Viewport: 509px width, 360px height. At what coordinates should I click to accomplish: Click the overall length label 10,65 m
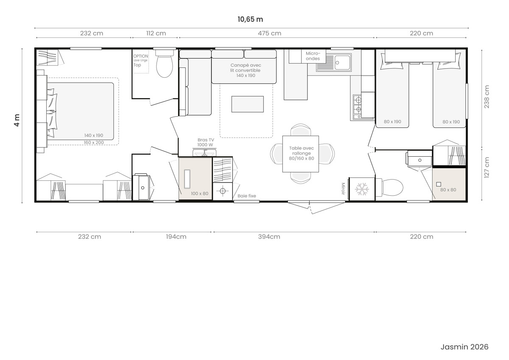[250, 20]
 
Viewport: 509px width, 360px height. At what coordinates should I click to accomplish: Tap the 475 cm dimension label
[269, 33]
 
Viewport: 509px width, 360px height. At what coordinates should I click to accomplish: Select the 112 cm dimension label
[156, 33]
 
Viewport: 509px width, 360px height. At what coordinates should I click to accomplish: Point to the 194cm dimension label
[176, 237]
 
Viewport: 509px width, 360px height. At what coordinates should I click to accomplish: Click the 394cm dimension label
[269, 237]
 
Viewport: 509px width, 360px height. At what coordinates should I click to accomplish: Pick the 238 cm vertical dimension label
[487, 97]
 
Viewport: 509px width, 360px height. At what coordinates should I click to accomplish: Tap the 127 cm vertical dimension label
[487, 167]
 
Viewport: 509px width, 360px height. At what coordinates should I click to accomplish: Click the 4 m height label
[17, 120]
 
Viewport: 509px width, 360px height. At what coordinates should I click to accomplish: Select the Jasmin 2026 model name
[464, 347]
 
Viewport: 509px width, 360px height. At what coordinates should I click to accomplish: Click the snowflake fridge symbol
[362, 189]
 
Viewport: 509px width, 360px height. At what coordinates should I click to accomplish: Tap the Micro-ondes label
[313, 56]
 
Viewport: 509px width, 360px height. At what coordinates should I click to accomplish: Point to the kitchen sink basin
[342, 62]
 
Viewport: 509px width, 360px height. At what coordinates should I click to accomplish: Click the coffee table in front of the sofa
[248, 104]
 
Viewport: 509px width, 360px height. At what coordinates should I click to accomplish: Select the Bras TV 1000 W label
[205, 142]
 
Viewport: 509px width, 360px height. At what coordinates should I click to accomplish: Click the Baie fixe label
[247, 196]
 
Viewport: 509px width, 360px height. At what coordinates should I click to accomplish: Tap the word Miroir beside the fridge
[343, 188]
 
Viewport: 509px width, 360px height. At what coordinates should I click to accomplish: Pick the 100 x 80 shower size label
[199, 194]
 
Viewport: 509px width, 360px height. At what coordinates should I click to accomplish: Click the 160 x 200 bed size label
[94, 143]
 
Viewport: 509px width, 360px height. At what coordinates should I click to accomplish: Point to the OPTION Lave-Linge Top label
[141, 60]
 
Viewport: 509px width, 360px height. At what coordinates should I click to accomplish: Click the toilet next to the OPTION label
[165, 63]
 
